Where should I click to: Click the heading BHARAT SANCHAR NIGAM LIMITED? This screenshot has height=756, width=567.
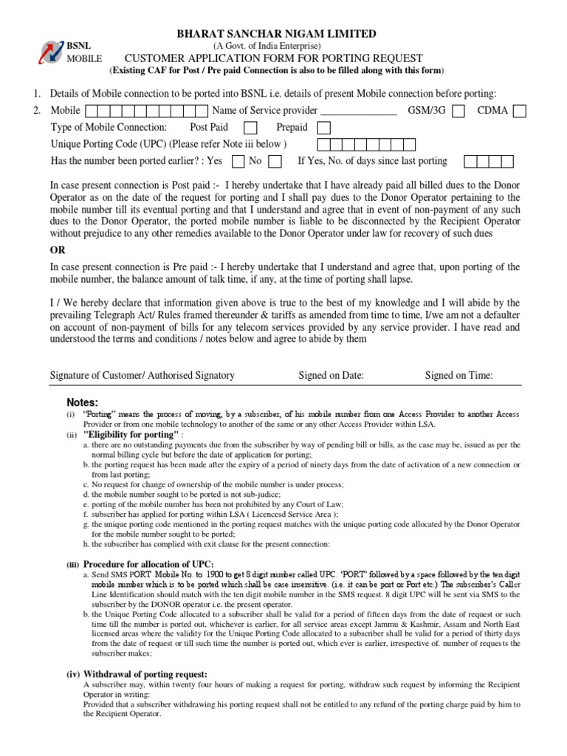tap(275, 34)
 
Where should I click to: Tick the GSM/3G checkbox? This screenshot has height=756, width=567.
tap(458, 111)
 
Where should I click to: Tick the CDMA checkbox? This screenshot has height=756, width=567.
tap(520, 111)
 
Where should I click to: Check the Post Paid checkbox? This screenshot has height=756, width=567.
tap(250, 128)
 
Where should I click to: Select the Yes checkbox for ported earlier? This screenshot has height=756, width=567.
tap(238, 161)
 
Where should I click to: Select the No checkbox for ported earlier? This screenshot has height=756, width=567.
tap(275, 161)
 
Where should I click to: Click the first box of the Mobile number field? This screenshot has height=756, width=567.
tap(92, 111)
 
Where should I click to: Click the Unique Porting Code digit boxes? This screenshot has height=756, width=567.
tap(362, 145)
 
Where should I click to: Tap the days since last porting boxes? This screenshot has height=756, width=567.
tap(489, 161)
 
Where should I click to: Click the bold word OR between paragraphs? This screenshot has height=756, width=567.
tap(58, 250)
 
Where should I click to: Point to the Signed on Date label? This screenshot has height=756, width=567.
tap(331, 375)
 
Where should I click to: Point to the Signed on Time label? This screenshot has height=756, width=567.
tap(458, 375)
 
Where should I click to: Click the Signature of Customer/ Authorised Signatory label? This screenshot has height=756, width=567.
tap(142, 375)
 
